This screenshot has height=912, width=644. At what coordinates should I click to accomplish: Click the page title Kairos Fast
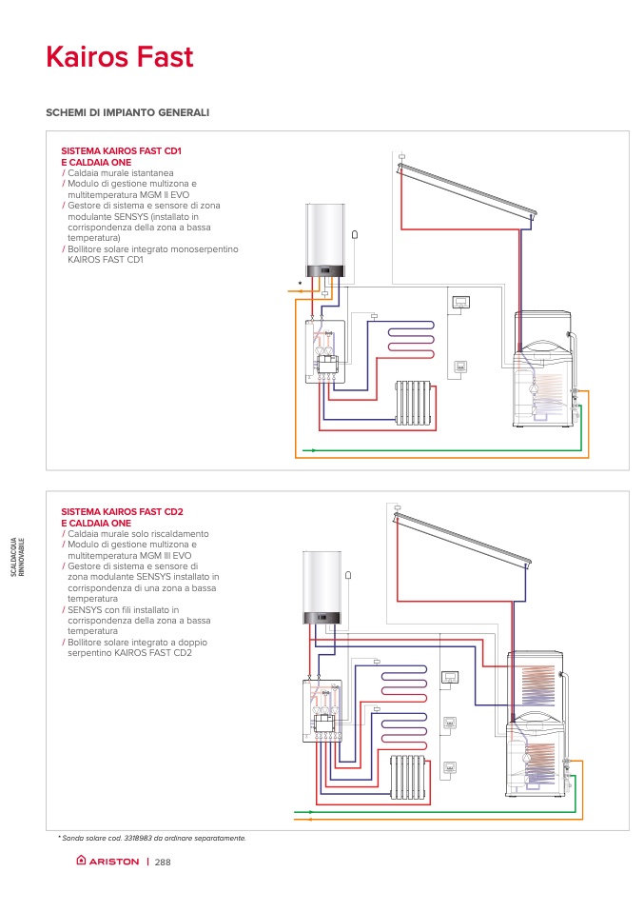119,57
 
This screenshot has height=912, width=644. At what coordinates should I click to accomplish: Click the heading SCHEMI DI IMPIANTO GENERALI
127,112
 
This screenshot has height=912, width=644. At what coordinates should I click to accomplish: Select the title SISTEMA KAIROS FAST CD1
121,151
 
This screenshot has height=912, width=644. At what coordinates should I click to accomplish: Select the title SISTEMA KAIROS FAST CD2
122,512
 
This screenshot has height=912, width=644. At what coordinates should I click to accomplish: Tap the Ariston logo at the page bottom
107,862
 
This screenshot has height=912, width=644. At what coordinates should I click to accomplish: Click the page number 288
162,862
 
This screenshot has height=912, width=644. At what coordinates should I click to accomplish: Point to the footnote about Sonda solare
152,838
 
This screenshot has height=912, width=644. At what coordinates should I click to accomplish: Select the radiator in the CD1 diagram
414,403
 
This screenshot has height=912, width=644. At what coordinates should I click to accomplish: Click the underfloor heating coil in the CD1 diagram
409,338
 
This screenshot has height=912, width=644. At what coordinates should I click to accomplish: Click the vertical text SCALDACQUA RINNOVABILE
29,556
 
